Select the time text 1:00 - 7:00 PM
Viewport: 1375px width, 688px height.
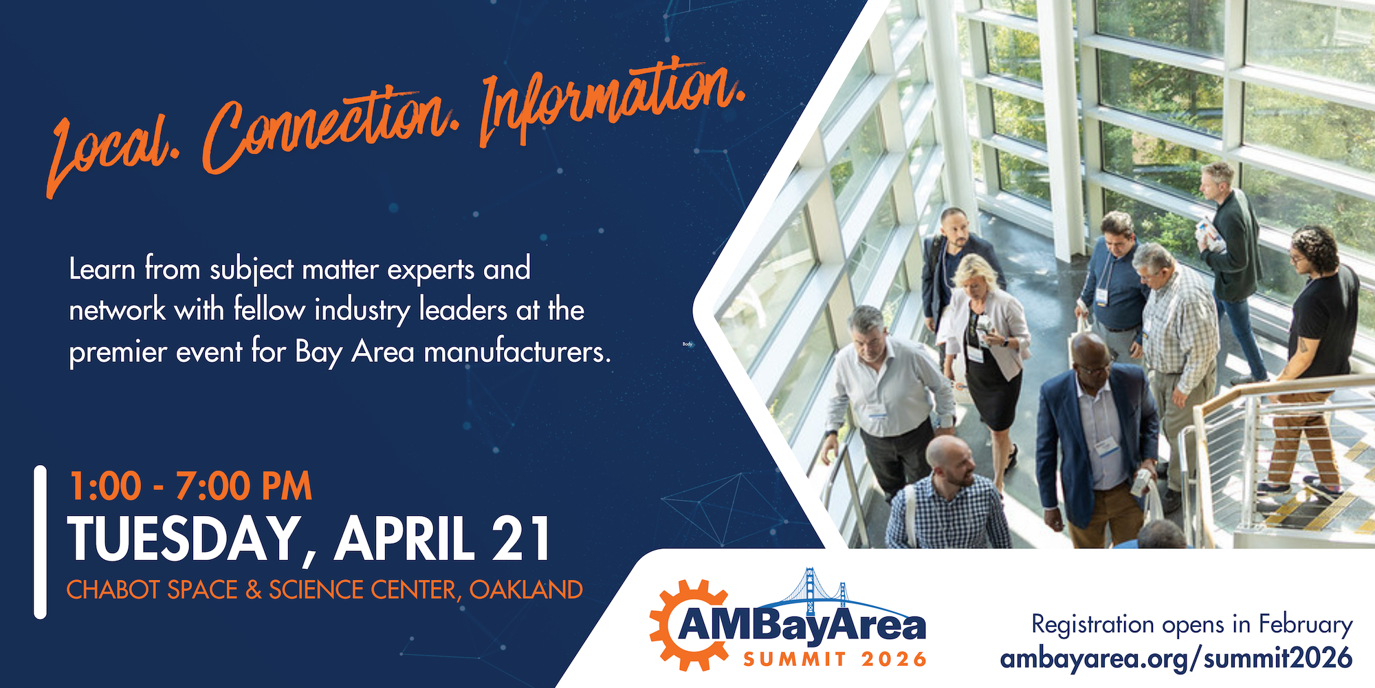pyautogui.click(x=190, y=486)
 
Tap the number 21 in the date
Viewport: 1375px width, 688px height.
pyautogui.click(x=522, y=538)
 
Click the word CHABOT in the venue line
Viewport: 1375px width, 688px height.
pyautogui.click(x=113, y=590)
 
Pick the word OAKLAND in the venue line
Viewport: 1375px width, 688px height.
pyautogui.click(x=526, y=590)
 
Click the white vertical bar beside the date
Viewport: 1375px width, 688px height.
pyautogui.click(x=41, y=542)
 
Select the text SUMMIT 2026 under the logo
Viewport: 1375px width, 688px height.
pyautogui.click(x=835, y=659)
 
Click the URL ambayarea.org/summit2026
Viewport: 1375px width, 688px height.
pyautogui.click(x=1176, y=658)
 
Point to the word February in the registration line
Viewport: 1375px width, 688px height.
pyautogui.click(x=1306, y=625)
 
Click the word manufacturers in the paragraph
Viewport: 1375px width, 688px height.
pyautogui.click(x=517, y=352)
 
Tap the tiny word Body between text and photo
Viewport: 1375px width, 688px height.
pyautogui.click(x=687, y=344)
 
